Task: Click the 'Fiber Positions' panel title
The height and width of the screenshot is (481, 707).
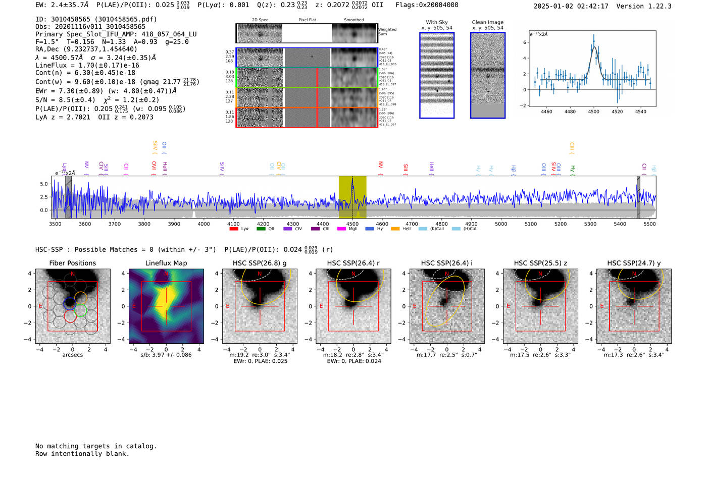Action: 72,263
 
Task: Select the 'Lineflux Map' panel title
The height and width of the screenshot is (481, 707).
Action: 166,263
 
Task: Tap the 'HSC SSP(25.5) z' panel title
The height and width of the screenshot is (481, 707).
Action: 540,263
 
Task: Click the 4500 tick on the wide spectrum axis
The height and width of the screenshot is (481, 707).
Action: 352,224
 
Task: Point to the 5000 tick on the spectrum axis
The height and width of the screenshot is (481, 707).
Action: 501,224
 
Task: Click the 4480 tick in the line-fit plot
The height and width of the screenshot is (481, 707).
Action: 570,112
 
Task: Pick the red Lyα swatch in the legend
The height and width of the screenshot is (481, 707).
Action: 234,229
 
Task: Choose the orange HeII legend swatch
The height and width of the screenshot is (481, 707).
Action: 395,229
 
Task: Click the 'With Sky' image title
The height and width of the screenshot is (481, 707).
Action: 437,22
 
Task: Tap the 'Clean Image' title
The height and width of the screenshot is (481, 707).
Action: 488,22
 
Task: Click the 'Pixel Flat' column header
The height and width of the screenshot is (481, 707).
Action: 307,20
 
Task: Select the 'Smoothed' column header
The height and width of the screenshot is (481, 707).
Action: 353,20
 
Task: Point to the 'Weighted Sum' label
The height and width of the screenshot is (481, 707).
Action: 387,32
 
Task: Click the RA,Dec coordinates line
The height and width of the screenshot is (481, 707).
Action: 86,49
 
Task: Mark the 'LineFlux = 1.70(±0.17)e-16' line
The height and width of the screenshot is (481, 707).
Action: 87,65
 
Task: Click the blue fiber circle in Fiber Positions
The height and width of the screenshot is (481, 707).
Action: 70,303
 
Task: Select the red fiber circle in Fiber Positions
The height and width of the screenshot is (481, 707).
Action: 71,317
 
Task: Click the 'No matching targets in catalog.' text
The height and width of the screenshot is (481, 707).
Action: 96,446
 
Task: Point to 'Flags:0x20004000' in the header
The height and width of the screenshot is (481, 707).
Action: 427,5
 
